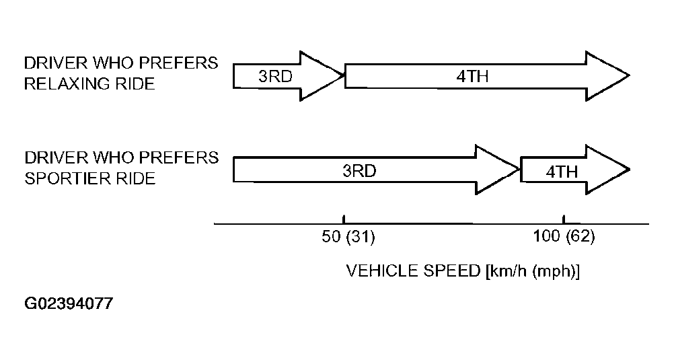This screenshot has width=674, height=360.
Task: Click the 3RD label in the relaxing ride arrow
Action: (x=275, y=77)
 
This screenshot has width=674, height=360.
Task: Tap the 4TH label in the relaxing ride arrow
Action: (x=472, y=77)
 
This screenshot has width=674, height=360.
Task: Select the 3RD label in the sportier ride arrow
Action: (x=359, y=171)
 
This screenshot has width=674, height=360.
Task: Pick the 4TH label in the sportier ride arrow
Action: (x=562, y=172)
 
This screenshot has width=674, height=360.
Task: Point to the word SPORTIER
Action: (x=65, y=178)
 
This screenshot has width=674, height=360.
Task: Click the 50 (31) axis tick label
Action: (x=348, y=237)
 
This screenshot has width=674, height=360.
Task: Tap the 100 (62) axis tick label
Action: (x=564, y=236)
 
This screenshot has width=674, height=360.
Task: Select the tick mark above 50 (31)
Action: (x=344, y=219)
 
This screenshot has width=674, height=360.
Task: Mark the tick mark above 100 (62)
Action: (x=564, y=219)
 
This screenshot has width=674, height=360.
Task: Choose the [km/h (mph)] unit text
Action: (x=533, y=271)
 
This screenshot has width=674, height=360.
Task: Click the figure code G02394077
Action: (x=69, y=303)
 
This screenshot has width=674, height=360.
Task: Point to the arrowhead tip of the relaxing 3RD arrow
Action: (x=344, y=75)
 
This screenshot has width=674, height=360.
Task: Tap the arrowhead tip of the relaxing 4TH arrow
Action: (x=630, y=75)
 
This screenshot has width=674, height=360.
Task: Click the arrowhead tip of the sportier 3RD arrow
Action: (x=519, y=170)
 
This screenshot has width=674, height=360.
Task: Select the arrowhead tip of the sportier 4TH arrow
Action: (x=630, y=170)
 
